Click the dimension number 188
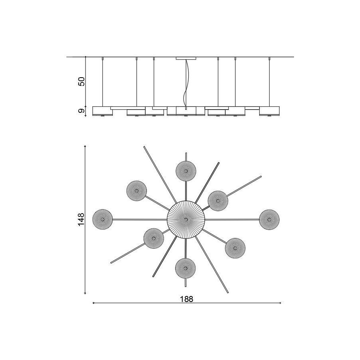pyautogui.click(x=186, y=299)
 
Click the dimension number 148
pyautogui.click(x=81, y=220)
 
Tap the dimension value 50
pyautogui.click(x=82, y=81)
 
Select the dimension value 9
pyautogui.click(x=82, y=111)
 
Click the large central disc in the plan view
pyautogui.click(x=186, y=220)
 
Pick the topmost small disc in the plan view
pyautogui.click(x=186, y=171)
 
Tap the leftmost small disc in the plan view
pyautogui.click(x=102, y=219)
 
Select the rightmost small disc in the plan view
pyautogui.click(x=269, y=220)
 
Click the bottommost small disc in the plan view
pyautogui.click(x=186, y=268)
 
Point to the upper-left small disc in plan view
pyautogui.click(x=137, y=191)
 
